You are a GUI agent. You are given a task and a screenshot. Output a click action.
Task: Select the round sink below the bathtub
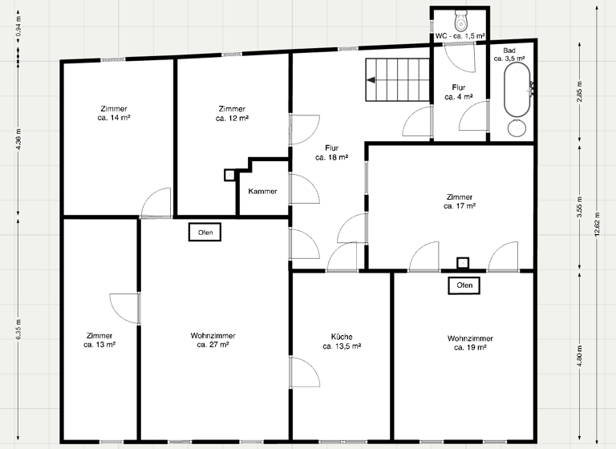point(517,127)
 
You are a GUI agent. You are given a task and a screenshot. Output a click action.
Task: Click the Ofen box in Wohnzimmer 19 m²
point(464,285)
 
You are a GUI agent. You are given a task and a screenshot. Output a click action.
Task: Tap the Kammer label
point(263,192)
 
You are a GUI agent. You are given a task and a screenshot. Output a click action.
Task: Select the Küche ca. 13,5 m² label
point(341,342)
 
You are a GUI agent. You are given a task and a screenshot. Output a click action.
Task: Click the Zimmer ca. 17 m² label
point(460,201)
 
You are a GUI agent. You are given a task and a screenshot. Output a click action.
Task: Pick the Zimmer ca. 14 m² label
point(114,113)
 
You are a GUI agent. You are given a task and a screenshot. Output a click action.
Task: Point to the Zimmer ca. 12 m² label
point(232,113)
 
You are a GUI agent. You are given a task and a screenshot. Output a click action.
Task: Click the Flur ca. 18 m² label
point(331,153)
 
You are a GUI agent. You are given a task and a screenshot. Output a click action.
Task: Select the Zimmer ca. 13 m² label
point(100,340)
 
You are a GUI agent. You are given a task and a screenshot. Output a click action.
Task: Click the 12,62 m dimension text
point(596,224)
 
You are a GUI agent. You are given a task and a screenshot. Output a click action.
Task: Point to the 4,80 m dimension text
point(578,356)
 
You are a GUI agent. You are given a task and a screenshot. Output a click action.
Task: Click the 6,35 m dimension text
point(18,330)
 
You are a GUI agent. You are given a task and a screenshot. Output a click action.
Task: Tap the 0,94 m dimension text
point(18,30)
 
